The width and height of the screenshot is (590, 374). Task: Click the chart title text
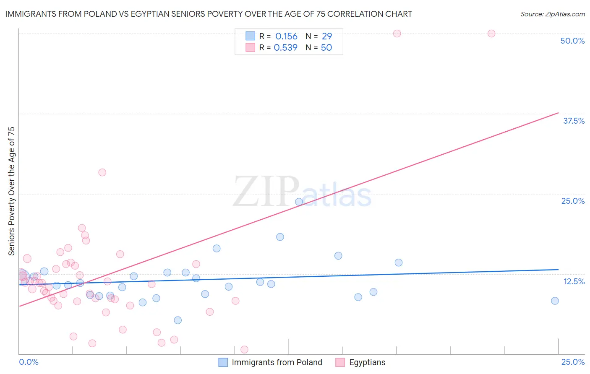tap(209, 14)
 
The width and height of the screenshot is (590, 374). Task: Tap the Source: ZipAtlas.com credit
tap(552, 14)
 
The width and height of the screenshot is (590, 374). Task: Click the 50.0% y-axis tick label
tap(572, 41)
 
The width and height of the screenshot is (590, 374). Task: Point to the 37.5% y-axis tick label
tap(574, 121)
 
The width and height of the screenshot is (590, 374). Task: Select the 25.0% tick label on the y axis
tap(573, 201)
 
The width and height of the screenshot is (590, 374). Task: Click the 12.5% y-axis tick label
tap(574, 281)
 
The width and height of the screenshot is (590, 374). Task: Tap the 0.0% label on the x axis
tap(29, 362)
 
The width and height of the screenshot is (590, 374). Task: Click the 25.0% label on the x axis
tap(573, 362)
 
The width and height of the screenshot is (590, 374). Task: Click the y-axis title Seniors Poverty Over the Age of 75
tap(11, 191)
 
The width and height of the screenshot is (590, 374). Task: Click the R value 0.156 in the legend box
tap(286, 36)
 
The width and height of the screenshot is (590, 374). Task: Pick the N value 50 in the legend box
tap(326, 48)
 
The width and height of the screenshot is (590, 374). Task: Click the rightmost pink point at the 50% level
tap(491, 34)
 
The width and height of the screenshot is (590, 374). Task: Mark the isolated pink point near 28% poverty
tap(102, 172)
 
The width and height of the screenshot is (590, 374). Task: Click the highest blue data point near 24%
tap(299, 202)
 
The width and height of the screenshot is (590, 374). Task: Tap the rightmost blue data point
tap(555, 301)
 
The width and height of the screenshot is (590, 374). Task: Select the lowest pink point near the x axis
tap(244, 350)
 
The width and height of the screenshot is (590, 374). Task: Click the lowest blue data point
tap(178, 320)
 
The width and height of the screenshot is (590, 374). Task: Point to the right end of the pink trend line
tap(558, 113)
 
